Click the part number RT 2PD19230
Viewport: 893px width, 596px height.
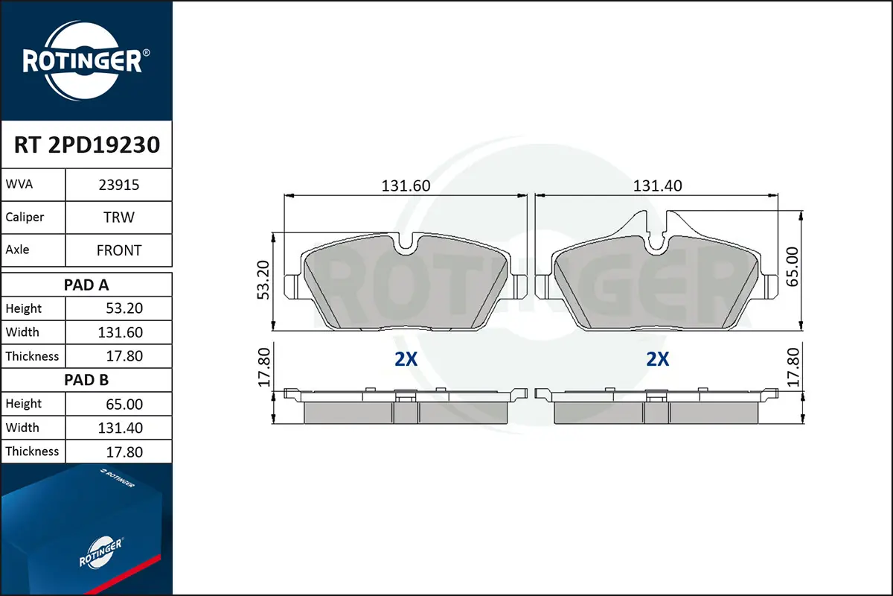87,145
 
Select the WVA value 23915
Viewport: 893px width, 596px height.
119,185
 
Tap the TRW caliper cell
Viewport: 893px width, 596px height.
119,217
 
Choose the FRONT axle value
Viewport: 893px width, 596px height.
119,250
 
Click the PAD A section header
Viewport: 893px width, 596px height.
86,285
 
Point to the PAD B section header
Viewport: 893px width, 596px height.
86,380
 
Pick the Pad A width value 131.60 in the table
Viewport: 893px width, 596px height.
120,332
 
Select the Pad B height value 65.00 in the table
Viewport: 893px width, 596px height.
124,404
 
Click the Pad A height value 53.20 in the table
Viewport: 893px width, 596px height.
124,308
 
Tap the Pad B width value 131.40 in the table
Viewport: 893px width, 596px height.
120,428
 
